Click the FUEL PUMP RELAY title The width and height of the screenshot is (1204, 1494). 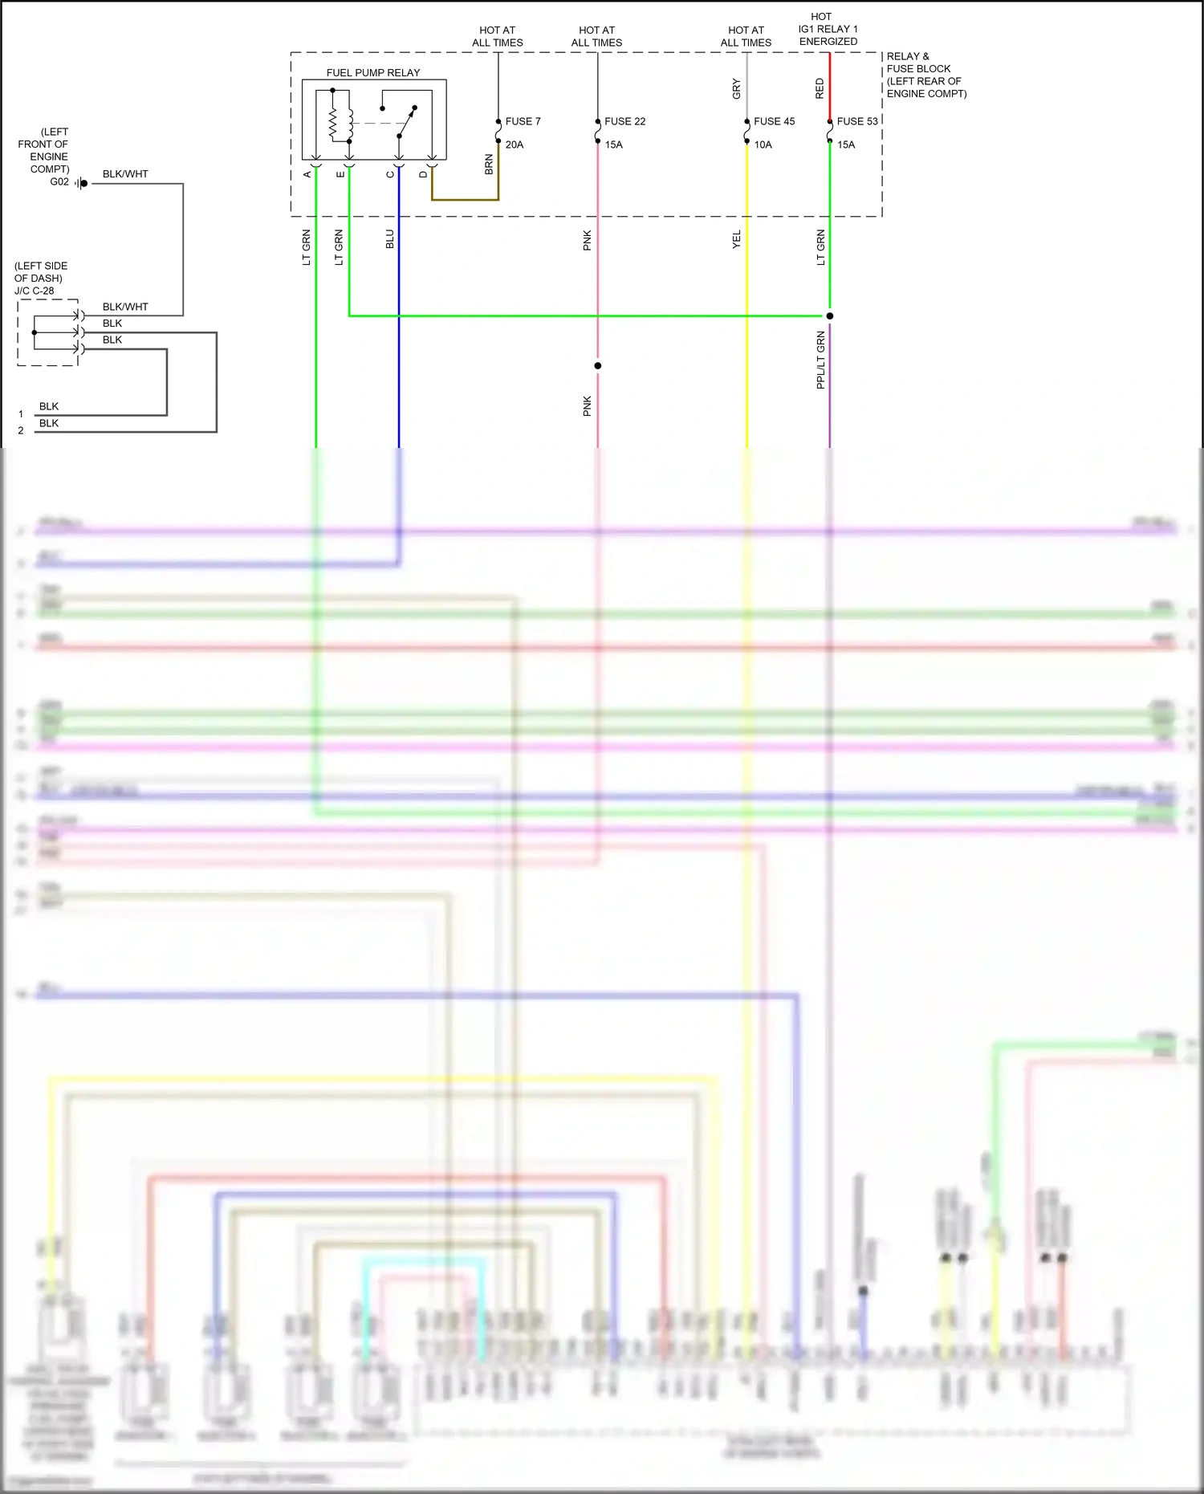[373, 73]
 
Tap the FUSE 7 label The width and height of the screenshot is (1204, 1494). [523, 121]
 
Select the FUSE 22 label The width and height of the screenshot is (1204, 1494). [624, 121]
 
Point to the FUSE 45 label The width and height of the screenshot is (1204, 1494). [774, 121]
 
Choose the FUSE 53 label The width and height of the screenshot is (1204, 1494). [857, 121]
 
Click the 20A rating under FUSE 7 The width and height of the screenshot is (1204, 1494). [515, 145]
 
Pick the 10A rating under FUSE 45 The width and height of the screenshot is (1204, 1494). [763, 145]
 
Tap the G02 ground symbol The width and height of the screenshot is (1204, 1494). [82, 184]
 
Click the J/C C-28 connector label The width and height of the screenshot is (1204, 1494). [35, 291]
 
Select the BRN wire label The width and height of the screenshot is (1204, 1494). [489, 165]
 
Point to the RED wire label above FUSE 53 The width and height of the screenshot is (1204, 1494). [820, 88]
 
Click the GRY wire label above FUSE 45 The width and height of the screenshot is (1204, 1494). [736, 88]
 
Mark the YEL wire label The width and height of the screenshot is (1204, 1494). [736, 239]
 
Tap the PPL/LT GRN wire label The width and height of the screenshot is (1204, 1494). [820, 360]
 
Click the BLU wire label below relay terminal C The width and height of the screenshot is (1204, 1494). [390, 239]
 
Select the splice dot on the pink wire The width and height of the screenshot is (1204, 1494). [598, 366]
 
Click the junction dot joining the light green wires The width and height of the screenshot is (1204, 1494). [830, 316]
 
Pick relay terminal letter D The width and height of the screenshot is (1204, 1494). [423, 174]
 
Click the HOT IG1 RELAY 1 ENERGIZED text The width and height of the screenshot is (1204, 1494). [828, 29]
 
